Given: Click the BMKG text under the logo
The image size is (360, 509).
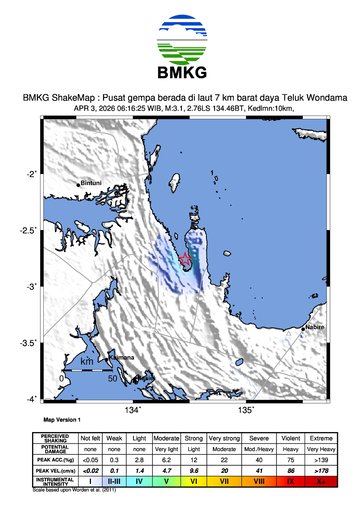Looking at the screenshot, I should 180,72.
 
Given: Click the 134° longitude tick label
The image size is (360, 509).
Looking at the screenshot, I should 133,409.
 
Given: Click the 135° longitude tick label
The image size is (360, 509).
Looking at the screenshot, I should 247,409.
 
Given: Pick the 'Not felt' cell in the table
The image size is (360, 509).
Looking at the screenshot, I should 91,437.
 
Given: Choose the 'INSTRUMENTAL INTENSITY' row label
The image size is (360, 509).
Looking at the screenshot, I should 54,480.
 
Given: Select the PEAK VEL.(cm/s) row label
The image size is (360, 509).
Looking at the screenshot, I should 54,468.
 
